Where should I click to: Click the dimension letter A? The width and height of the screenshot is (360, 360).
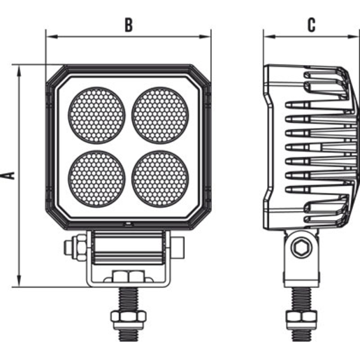pyautogui.click(x=8, y=175)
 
